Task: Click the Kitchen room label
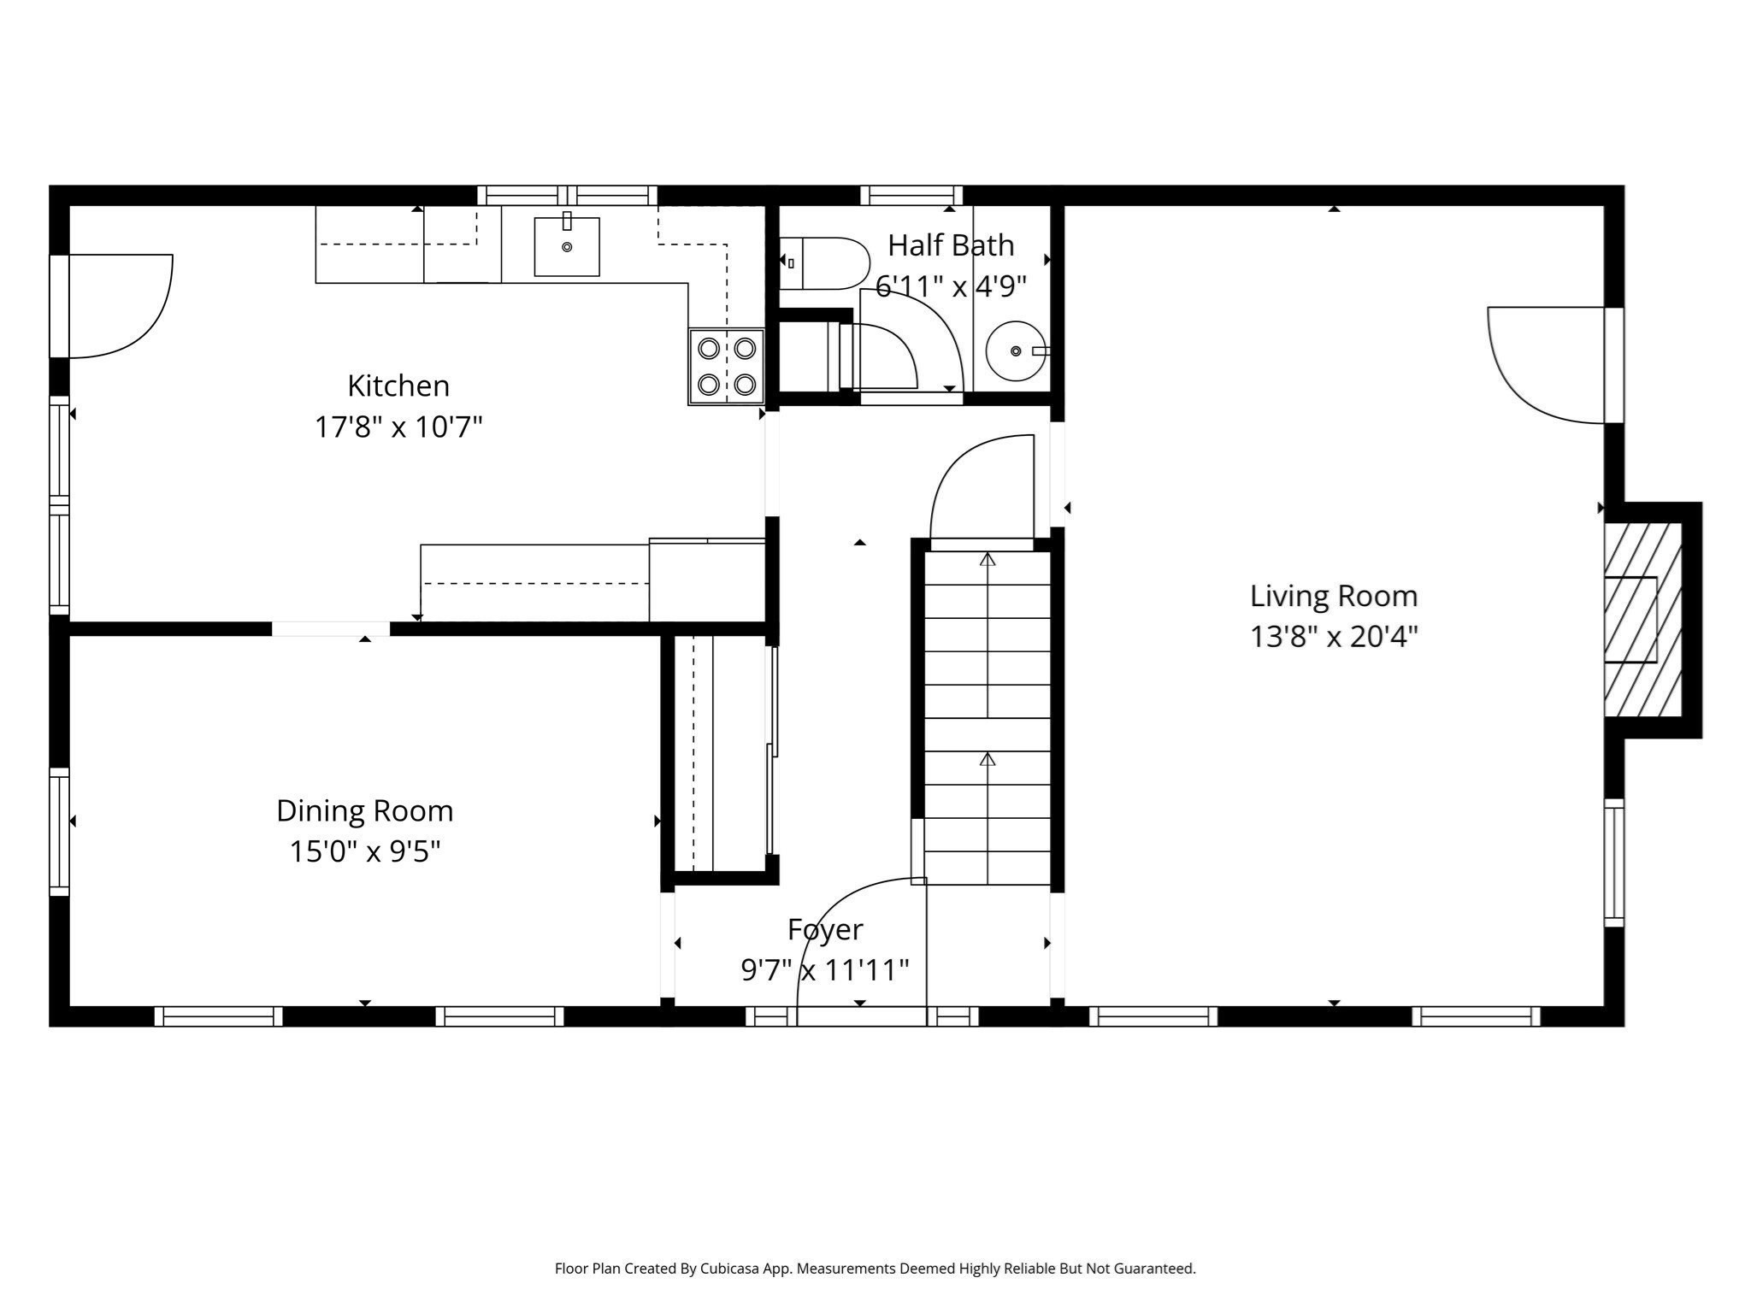point(398,386)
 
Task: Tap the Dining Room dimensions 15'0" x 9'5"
point(365,851)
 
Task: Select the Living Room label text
point(1333,596)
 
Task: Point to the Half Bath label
point(951,245)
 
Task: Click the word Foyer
point(825,929)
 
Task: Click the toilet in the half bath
point(825,263)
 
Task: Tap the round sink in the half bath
point(1015,351)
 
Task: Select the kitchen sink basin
point(566,247)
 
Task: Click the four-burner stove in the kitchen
point(727,366)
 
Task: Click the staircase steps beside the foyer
point(988,718)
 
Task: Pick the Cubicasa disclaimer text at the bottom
point(875,1269)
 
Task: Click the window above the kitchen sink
point(567,195)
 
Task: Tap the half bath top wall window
point(911,195)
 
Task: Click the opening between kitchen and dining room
point(331,629)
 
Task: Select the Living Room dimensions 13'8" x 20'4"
point(1333,637)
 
